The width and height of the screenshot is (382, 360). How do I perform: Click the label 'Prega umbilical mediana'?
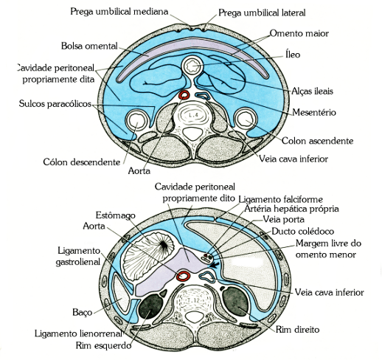tap(119, 13)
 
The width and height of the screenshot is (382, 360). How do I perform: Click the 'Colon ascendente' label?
tap(317, 139)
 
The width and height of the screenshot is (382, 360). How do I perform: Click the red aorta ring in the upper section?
tap(185, 96)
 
